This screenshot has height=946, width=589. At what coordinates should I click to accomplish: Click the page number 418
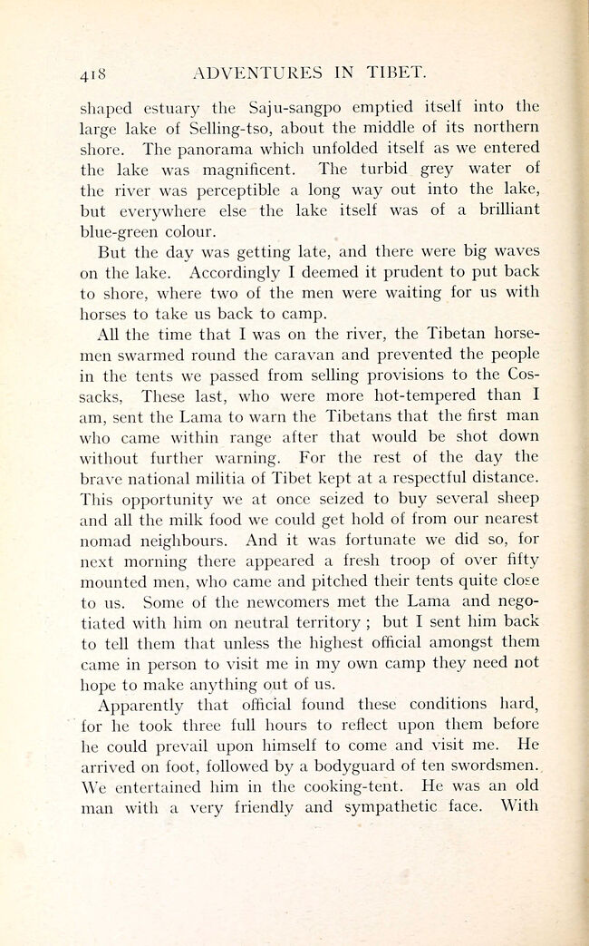coord(94,71)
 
